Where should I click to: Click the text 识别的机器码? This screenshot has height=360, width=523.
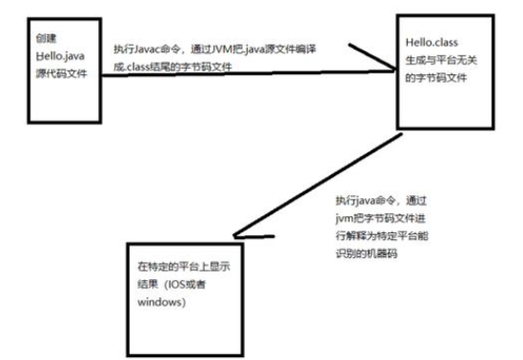[x=365, y=249]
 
